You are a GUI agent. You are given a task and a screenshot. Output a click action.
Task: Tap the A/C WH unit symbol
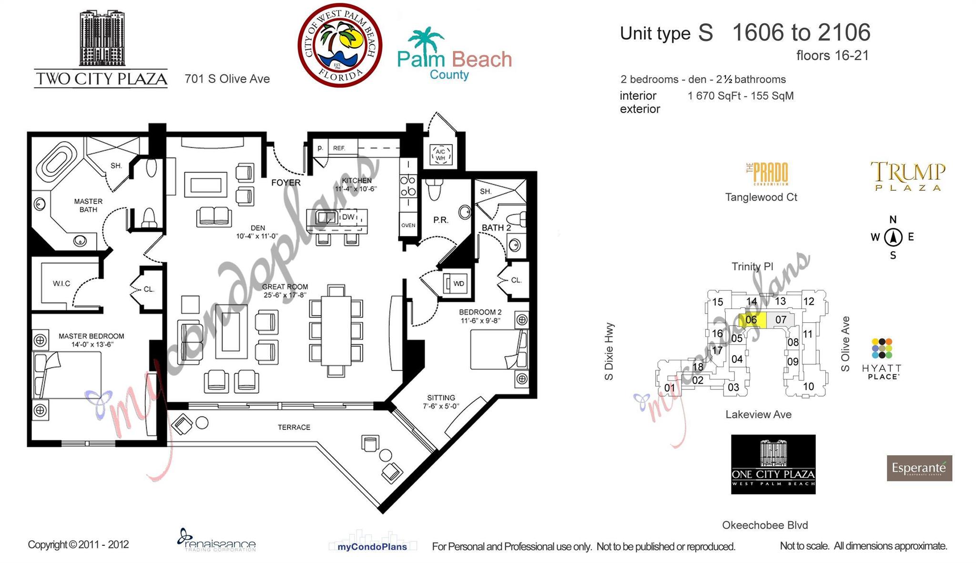click(x=440, y=154)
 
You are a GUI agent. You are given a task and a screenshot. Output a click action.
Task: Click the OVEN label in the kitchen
click(x=408, y=225)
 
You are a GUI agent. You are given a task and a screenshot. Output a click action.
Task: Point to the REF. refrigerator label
click(x=339, y=148)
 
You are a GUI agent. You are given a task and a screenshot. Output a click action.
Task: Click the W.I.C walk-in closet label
click(x=61, y=284)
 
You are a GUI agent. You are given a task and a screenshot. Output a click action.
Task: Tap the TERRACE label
click(x=294, y=427)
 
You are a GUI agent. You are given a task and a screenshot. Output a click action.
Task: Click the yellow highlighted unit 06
click(x=752, y=320)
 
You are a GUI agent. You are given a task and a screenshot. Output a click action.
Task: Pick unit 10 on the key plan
click(x=808, y=387)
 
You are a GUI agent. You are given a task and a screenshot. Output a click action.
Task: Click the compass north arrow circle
click(x=893, y=237)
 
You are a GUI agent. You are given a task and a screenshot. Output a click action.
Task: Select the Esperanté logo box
click(x=919, y=468)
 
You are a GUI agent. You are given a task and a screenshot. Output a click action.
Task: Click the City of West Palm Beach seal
click(x=340, y=45)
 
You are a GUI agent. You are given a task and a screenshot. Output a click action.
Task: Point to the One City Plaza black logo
click(x=773, y=464)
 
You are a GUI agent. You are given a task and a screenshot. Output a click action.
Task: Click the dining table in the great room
click(x=336, y=331)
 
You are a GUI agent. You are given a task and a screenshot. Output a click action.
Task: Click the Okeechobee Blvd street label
click(x=765, y=525)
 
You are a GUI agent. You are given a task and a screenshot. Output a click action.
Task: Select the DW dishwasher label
click(x=348, y=217)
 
